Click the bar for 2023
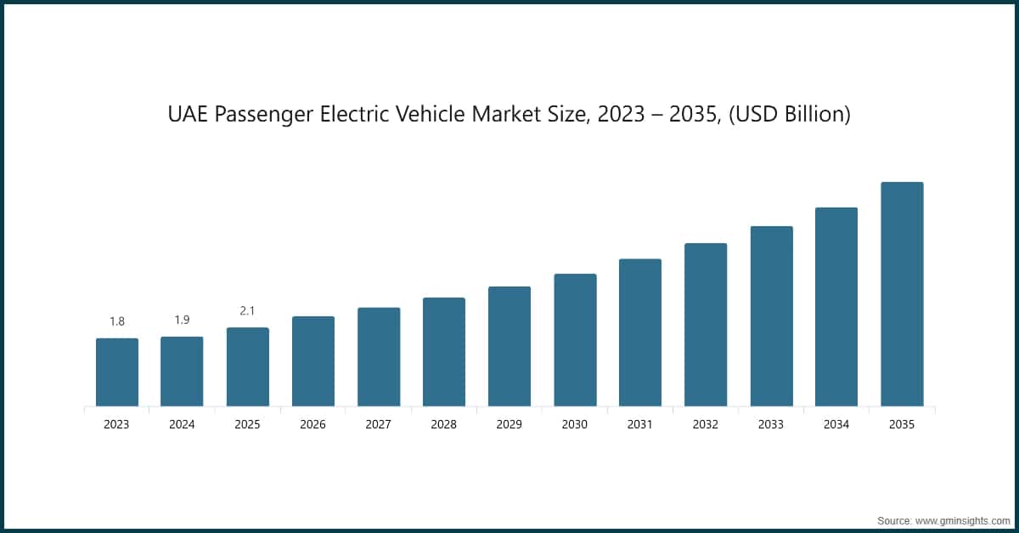[116, 372]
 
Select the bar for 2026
[313, 361]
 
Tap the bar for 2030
[575, 340]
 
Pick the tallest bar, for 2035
[902, 294]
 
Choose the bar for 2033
[771, 316]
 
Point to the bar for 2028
[444, 352]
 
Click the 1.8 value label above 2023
[116, 321]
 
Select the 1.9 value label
[182, 320]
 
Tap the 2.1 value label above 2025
[247, 311]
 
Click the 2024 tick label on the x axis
[182, 425]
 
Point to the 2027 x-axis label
[379, 425]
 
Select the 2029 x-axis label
[509, 425]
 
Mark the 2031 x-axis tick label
[640, 425]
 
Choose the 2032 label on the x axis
[706, 425]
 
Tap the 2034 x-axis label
[836, 425]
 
